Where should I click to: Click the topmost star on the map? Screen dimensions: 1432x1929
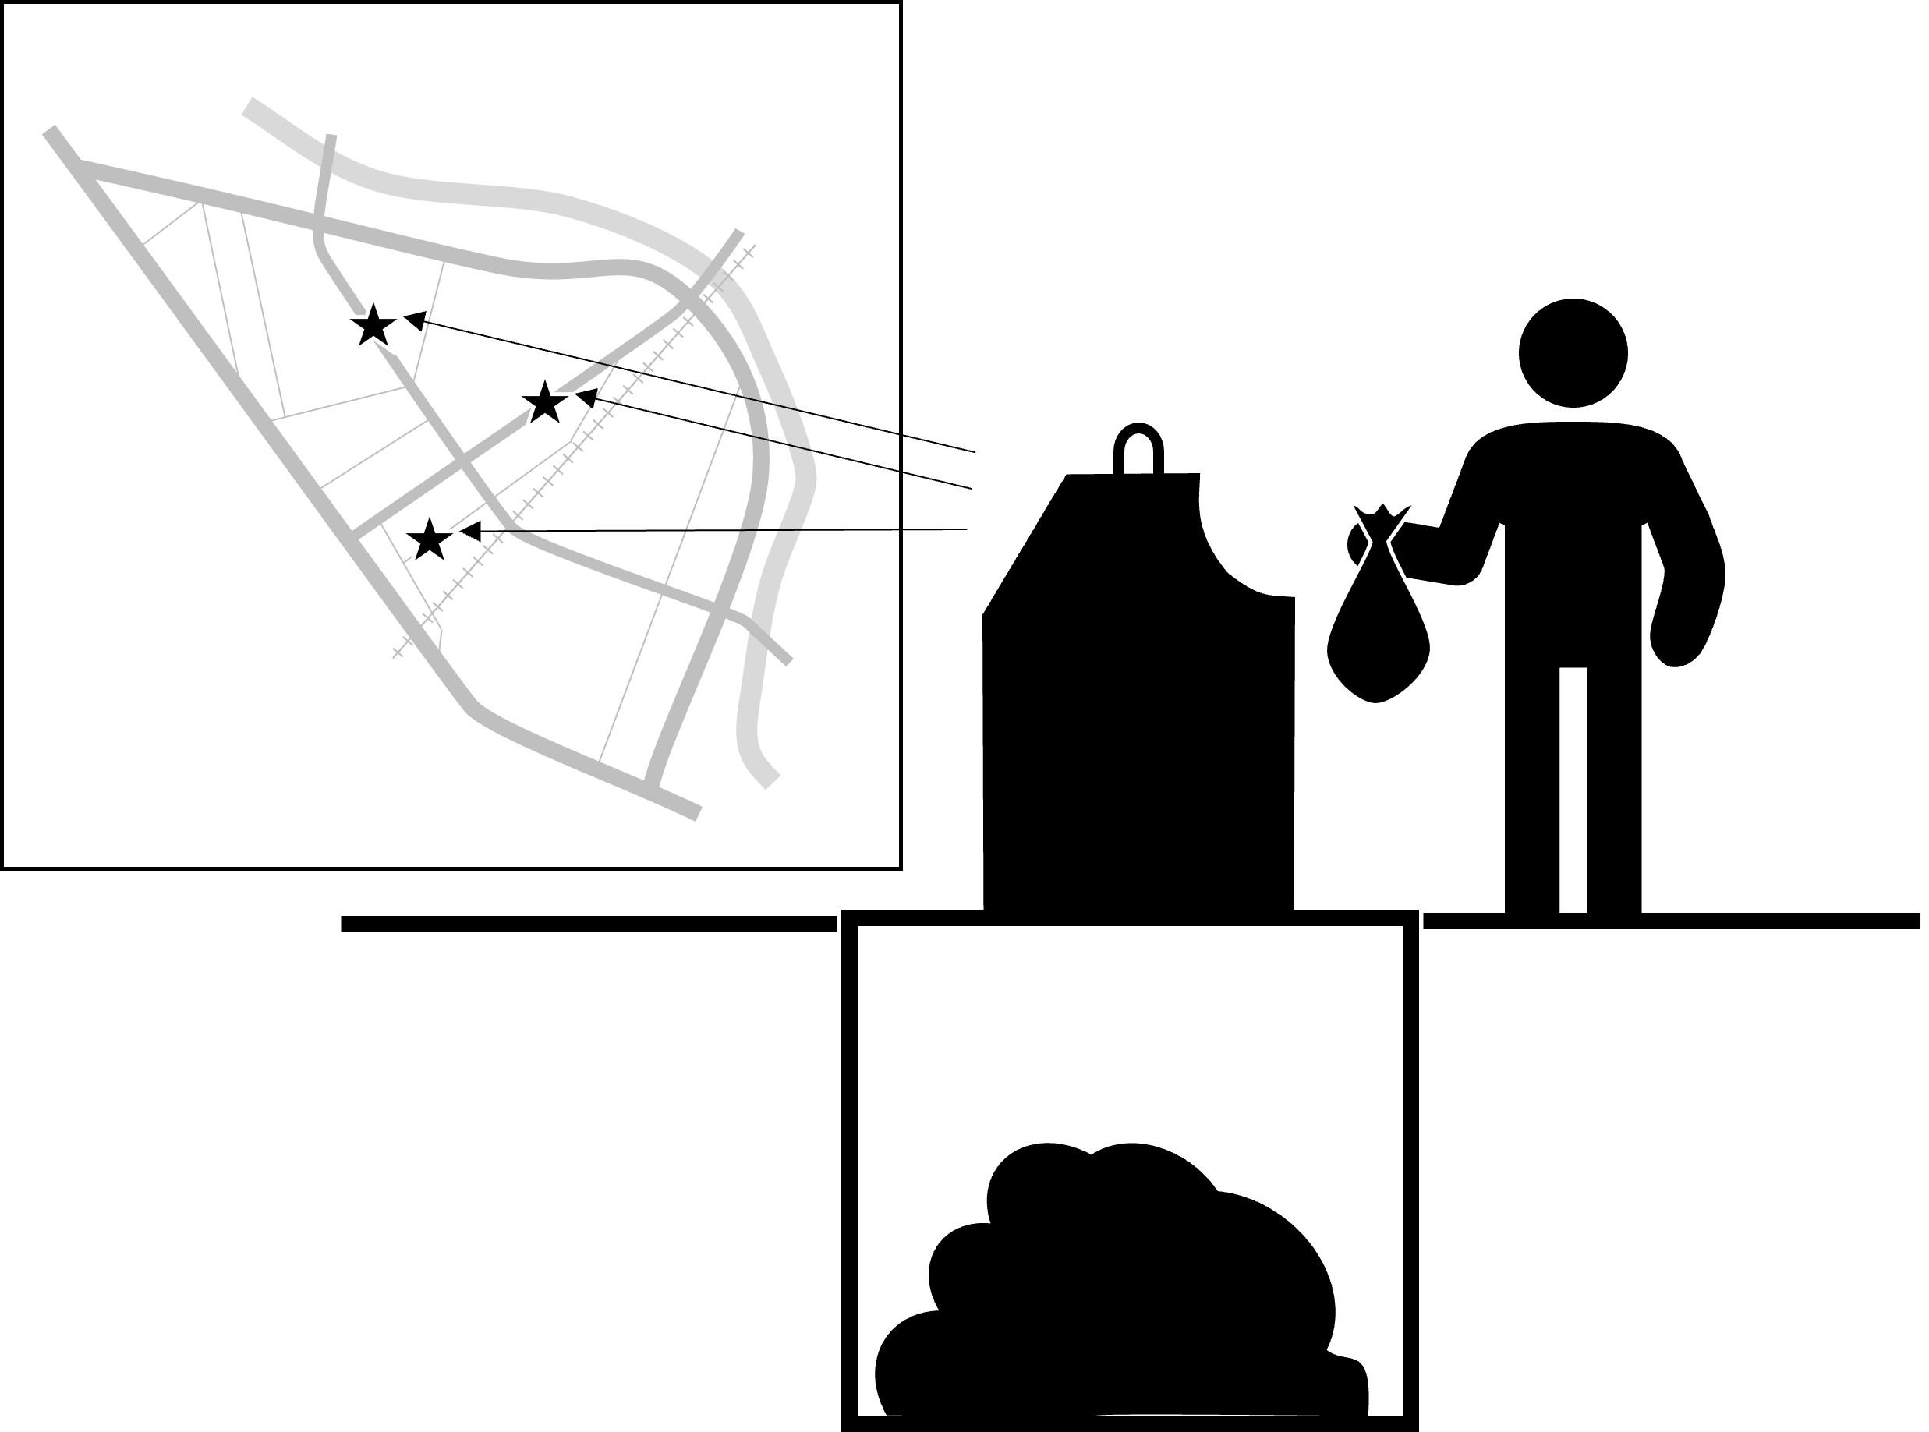[x=373, y=326]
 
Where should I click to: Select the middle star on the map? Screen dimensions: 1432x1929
[x=544, y=402]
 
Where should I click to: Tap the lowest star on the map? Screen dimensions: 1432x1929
[x=429, y=540]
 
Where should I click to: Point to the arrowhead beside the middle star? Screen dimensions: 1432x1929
[x=586, y=397]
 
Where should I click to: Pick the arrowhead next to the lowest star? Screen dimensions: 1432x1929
[x=470, y=531]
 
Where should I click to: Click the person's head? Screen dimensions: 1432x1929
[x=1573, y=353]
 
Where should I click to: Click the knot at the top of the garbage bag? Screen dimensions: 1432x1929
[x=1382, y=521]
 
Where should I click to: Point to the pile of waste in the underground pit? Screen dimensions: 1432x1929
[x=1118, y=1300]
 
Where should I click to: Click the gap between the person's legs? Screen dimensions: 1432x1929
[x=1573, y=789]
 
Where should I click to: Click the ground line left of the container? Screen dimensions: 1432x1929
[x=589, y=924]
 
